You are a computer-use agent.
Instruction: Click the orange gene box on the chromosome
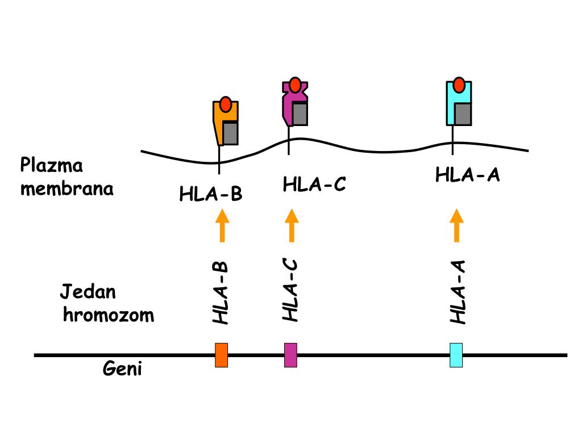tap(222, 355)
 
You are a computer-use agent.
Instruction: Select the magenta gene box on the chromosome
tap(291, 355)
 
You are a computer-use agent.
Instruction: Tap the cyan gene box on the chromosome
tap(456, 355)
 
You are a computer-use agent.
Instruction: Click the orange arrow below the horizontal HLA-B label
tap(222, 226)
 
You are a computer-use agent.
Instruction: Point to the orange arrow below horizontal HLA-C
tap(292, 225)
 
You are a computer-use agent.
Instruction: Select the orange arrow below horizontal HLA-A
tap(456, 225)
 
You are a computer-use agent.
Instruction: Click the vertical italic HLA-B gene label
tap(221, 293)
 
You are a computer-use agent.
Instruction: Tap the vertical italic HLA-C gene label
tap(290, 290)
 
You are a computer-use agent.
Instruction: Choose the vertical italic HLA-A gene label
tap(458, 292)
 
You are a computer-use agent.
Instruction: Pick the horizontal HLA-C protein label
tap(314, 184)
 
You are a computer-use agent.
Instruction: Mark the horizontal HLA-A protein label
tap(468, 175)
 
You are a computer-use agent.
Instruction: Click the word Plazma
tap(52, 166)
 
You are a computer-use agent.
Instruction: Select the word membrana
tap(67, 188)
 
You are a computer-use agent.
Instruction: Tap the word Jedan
tap(88, 292)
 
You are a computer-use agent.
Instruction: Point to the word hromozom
tap(108, 315)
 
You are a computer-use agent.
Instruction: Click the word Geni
tap(122, 370)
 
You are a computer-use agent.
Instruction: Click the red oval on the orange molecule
tap(226, 104)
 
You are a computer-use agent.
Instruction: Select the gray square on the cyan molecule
tap(462, 114)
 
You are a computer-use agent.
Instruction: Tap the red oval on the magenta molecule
tap(295, 85)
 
